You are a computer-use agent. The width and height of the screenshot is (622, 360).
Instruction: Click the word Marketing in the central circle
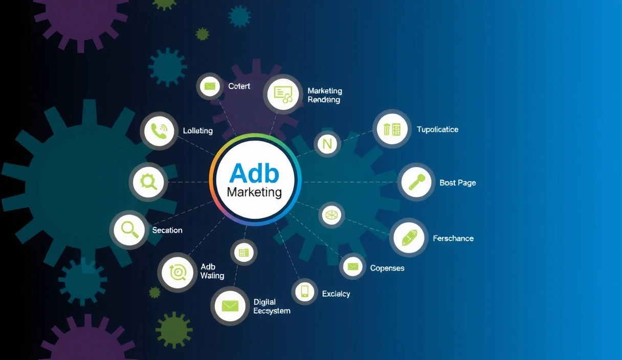click(x=254, y=192)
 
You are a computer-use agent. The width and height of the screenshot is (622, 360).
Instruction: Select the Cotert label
click(x=239, y=86)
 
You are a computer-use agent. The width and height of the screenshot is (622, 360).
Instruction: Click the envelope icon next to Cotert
click(x=209, y=86)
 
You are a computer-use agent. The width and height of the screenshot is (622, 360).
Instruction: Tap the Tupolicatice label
click(x=437, y=129)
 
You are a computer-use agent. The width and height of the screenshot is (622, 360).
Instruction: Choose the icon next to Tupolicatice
click(x=392, y=129)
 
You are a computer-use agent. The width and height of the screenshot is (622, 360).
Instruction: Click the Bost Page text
click(x=457, y=183)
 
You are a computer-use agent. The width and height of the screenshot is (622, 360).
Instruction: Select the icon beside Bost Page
click(x=416, y=182)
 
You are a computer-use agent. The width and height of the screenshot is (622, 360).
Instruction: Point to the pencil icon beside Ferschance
click(x=409, y=238)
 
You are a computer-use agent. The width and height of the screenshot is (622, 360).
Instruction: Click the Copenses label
click(x=387, y=268)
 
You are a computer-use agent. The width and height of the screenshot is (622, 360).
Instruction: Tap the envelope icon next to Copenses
click(x=352, y=266)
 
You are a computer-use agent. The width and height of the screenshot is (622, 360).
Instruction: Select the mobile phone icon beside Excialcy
click(x=305, y=291)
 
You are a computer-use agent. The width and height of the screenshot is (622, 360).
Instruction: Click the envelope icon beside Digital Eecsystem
click(x=230, y=306)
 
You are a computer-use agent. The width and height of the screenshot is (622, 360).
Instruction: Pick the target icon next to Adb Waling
click(x=177, y=272)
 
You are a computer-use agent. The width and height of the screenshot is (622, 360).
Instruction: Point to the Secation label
click(x=167, y=230)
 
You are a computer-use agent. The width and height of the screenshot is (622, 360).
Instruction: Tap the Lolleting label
click(x=197, y=131)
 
